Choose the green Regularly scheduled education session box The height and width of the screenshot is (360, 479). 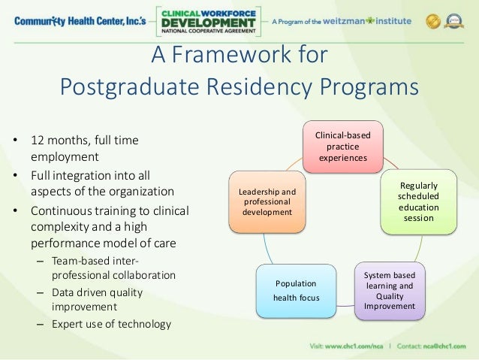[417, 201]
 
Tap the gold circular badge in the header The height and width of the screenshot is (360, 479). [433, 22]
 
